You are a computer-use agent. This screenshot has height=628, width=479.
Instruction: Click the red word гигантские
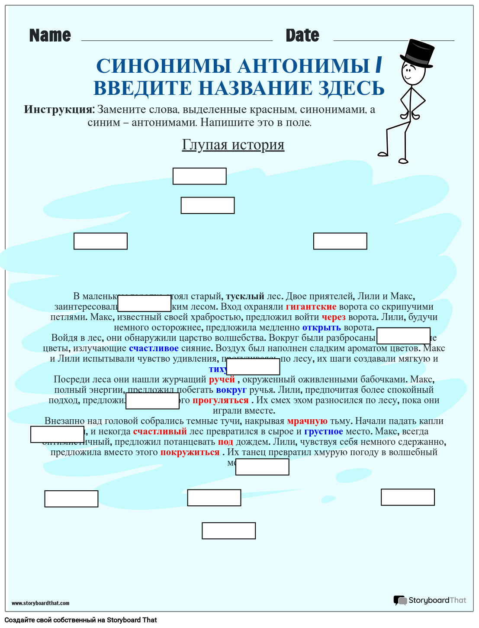click(311, 307)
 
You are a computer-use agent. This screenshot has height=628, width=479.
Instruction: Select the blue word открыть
click(321, 327)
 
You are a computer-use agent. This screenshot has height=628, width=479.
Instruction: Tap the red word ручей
click(222, 379)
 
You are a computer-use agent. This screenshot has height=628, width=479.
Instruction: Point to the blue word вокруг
click(231, 390)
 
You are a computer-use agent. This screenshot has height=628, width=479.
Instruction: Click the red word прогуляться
click(220, 400)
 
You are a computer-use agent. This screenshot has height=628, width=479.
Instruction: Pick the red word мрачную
click(307, 421)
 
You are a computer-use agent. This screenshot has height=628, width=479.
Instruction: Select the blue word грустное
click(323, 431)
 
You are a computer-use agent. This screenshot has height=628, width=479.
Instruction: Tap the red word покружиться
click(190, 452)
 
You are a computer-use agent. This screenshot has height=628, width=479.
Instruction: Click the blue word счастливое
click(154, 348)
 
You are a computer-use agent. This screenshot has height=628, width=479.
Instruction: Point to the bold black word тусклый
click(245, 296)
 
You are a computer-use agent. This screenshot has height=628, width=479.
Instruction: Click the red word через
click(334, 317)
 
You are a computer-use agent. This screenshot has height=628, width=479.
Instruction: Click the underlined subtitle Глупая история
click(233, 145)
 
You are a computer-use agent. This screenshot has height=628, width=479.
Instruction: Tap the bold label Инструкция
click(59, 109)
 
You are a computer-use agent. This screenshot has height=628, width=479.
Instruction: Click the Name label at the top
click(50, 36)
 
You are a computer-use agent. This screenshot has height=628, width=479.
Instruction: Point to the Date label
click(302, 36)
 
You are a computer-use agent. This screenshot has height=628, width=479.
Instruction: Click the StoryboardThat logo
click(430, 600)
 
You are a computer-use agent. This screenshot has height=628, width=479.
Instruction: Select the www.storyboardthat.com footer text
click(40, 603)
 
